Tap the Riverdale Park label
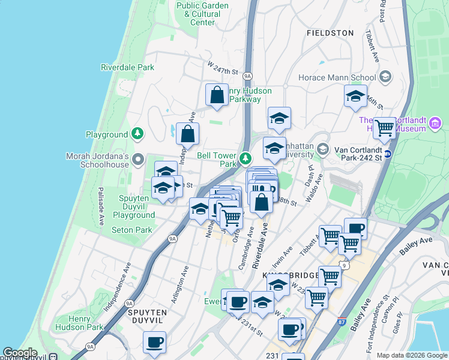click(127, 67)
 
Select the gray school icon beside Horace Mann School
click(385, 77)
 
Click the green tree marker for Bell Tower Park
click(245, 158)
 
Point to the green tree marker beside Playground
click(138, 134)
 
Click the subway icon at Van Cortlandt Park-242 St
click(388, 154)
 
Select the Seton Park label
click(131, 230)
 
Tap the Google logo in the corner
click(20, 352)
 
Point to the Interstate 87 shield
click(342, 322)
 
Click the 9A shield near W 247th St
click(247, 76)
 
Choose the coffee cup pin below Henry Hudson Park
click(154, 343)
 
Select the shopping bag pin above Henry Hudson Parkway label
click(217, 95)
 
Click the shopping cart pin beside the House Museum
click(384, 127)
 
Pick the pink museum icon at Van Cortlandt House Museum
click(436, 125)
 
